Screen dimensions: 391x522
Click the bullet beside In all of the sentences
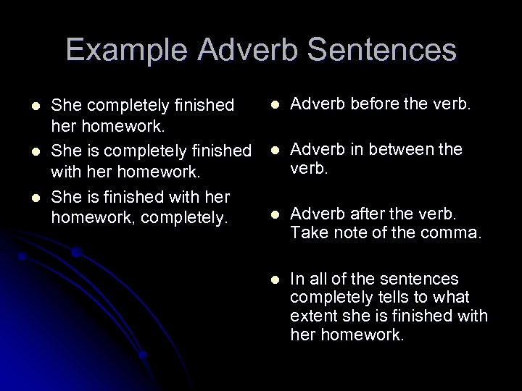(x=274, y=279)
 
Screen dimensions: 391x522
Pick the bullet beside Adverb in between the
(x=274, y=151)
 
